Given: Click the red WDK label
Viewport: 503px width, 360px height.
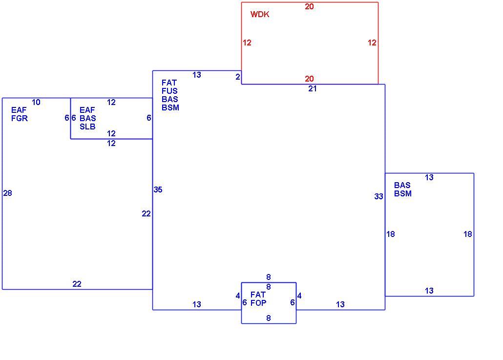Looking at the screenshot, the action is click(260, 14).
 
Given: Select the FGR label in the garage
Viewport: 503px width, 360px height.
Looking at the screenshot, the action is click(20, 118).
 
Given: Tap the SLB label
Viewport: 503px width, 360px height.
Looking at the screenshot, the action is click(87, 127).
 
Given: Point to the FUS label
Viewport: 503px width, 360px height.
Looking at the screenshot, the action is click(169, 91).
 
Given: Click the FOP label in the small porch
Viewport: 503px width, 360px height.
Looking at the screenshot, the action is click(258, 303).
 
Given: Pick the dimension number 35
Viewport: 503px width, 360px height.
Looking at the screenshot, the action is click(158, 190).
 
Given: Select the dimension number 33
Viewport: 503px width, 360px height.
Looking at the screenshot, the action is click(379, 196).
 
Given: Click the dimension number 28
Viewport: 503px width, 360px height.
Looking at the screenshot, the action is click(8, 193).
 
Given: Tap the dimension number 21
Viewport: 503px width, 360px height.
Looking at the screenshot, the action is click(313, 89).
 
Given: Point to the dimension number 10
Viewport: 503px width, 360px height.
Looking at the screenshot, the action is click(36, 103).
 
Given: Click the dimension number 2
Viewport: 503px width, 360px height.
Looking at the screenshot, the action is click(238, 77).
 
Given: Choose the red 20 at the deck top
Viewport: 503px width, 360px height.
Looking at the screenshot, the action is click(309, 7).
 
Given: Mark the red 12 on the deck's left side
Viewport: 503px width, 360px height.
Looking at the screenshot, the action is click(247, 42).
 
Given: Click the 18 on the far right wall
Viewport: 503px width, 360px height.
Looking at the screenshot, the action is click(468, 234).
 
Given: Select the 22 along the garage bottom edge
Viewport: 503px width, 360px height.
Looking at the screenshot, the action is click(77, 284).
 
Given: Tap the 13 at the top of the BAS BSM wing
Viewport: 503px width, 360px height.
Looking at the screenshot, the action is click(429, 177).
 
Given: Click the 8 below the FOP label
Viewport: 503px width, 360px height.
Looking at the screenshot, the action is click(269, 318).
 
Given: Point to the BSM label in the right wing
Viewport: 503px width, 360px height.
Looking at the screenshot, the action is click(403, 193).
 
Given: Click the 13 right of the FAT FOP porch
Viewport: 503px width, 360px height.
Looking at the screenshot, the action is click(340, 304).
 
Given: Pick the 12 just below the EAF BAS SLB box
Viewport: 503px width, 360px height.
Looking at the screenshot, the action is click(111, 144).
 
